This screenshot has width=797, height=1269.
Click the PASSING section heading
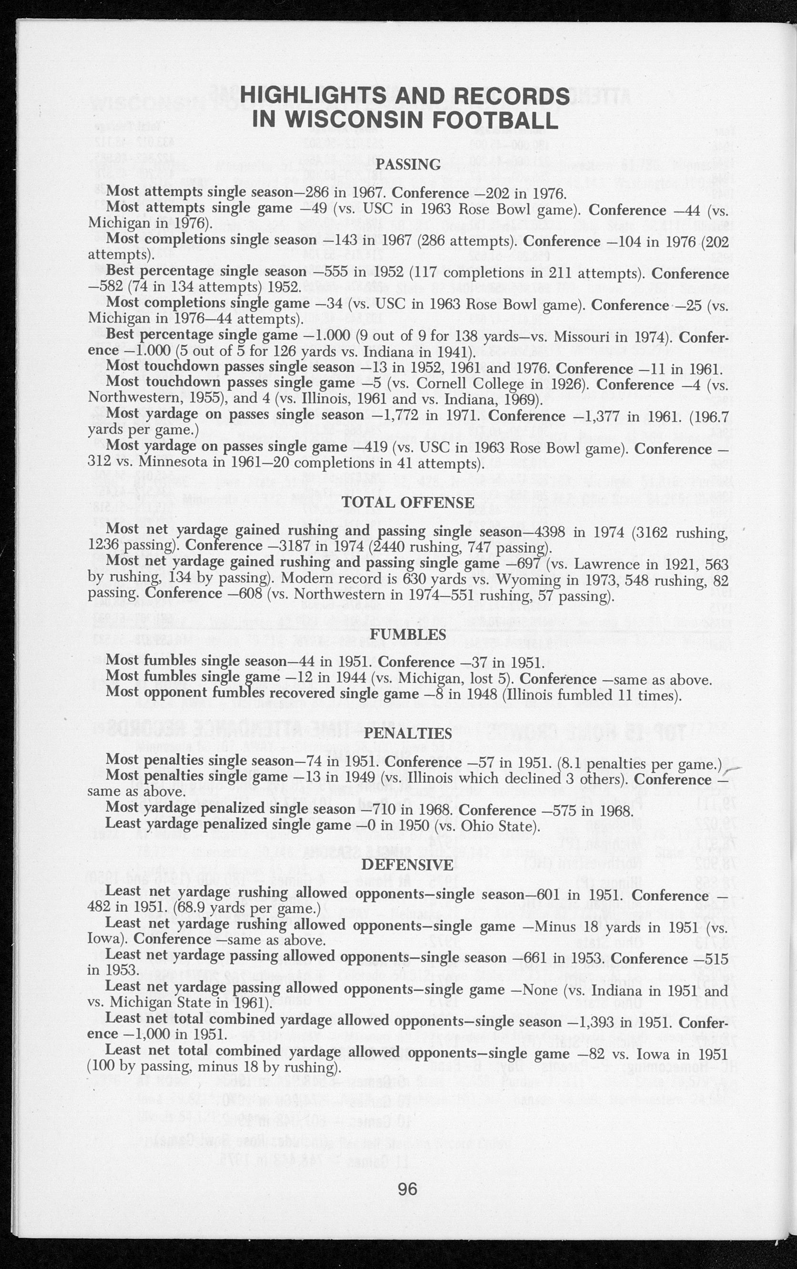coord(408,164)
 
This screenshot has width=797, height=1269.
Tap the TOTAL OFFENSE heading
coord(408,502)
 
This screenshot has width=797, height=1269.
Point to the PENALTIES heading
coord(408,733)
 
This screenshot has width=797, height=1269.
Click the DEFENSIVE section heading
coord(408,865)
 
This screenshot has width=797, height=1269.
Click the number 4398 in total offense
coord(549,531)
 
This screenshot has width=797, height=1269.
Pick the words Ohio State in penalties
coord(498,826)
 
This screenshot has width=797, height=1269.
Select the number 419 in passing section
coord(368,447)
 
